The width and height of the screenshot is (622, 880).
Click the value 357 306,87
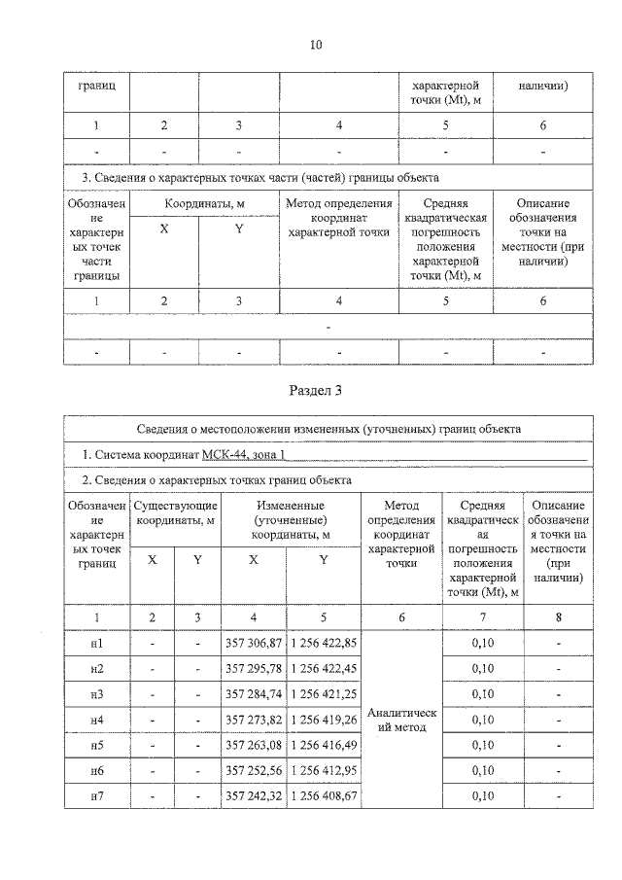pos(253,644)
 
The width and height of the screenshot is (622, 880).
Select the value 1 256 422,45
pos(324,669)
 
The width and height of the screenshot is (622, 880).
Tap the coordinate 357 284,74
pos(253,694)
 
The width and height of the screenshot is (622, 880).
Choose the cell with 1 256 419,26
pos(324,720)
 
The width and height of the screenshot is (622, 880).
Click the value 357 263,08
pos(253,745)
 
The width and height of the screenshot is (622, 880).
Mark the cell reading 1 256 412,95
pos(324,770)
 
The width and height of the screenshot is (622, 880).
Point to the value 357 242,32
pos(253,795)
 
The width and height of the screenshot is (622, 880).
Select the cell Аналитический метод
pos(401,721)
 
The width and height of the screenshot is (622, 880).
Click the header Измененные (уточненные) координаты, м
pos(290,520)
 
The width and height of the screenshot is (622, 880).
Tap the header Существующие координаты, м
pos(175,513)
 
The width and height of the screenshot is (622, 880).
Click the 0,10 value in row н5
pos(483,745)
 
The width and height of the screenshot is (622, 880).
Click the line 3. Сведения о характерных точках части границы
pos(259,178)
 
